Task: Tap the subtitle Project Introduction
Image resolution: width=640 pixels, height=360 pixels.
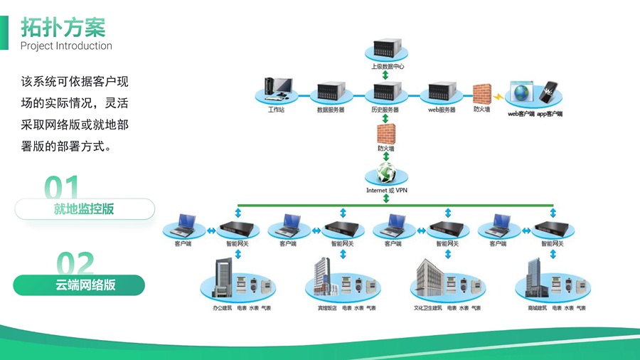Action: (66, 46)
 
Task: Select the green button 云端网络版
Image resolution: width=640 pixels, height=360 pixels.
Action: (79, 285)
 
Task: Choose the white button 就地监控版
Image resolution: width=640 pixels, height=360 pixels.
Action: (84, 209)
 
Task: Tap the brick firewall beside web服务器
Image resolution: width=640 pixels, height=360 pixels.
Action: (482, 95)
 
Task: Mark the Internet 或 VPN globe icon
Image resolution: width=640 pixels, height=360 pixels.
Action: (386, 172)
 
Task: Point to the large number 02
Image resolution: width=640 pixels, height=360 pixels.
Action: (75, 265)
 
